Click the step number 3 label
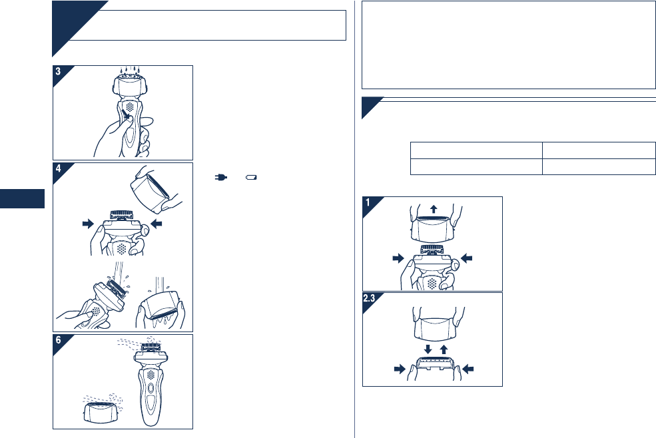pos(58,71)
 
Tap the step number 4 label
pos(58,168)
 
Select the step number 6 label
pos(58,340)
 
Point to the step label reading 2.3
pos(369,298)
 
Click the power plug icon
pos(220,177)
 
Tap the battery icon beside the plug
pos(251,177)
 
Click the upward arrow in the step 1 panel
pos(434,209)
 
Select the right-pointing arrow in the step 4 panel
pos(89,224)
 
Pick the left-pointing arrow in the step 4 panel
pos(156,224)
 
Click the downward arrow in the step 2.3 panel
pos(428,349)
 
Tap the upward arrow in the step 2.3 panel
pos(444,349)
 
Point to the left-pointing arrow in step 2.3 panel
pos(468,369)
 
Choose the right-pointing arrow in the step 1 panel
pos(398,258)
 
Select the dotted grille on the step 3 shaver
pos(130,107)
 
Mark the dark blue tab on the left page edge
pos(22,198)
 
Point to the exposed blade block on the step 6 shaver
pos(151,347)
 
